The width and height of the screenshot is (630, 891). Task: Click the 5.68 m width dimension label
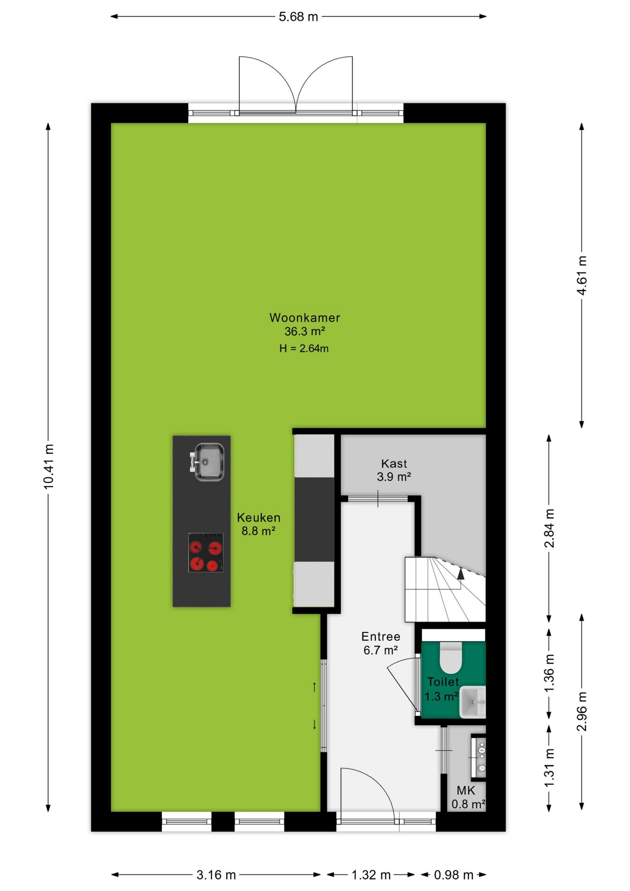click(298, 17)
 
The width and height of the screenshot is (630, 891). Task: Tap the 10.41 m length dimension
click(49, 466)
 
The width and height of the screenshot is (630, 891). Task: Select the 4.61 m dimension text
click(582, 275)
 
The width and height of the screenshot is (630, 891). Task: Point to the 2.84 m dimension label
click(549, 528)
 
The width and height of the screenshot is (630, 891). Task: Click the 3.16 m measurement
click(216, 875)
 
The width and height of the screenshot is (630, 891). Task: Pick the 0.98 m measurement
click(454, 875)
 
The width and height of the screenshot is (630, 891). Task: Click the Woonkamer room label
click(305, 318)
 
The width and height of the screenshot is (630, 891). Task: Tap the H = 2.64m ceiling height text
click(304, 349)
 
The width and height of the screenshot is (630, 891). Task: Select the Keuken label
click(259, 517)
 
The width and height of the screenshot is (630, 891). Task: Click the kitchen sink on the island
click(207, 462)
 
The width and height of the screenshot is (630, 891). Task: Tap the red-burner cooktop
click(206, 552)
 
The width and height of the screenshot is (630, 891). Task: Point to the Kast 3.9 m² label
click(394, 470)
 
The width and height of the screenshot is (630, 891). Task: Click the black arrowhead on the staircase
click(461, 574)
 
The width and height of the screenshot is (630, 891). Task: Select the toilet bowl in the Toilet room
click(451, 657)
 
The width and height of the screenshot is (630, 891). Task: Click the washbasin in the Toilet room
click(473, 702)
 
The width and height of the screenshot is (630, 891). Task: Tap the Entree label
click(381, 637)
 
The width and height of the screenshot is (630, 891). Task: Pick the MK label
click(466, 791)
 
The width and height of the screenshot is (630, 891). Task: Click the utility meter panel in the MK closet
click(479, 757)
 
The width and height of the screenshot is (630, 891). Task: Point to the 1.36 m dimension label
click(549, 673)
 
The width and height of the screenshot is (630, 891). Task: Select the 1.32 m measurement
click(371, 875)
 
